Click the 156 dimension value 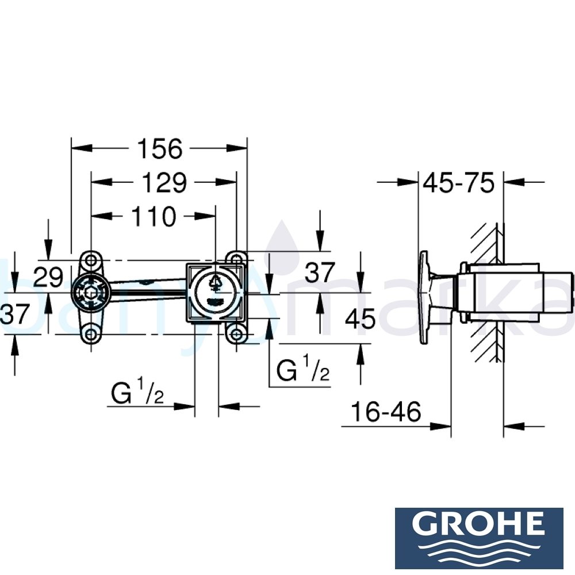tap(159, 149)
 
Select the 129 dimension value tap(164, 183)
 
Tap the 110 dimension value tap(153, 217)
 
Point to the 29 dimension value tap(48, 278)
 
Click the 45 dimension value tap(361, 318)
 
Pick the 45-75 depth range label tap(458, 183)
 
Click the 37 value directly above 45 tap(320, 274)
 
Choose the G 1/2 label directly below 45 tap(303, 371)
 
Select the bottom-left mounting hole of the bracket tap(89, 333)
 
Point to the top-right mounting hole tap(236, 259)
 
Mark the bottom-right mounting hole tap(236, 334)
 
